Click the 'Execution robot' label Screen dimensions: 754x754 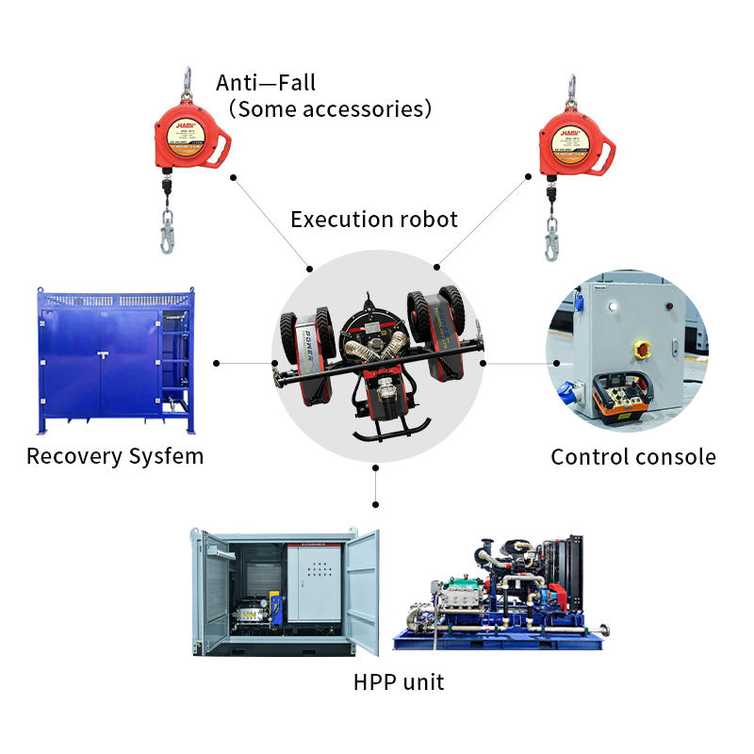373,220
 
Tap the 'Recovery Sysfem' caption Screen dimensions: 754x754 115,456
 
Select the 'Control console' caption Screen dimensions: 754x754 633,457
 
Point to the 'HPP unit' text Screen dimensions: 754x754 398,681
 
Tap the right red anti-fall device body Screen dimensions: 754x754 574,143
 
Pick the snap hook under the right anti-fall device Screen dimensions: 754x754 551,238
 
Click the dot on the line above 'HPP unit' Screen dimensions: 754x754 376,467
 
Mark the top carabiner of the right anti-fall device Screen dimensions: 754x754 570,89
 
